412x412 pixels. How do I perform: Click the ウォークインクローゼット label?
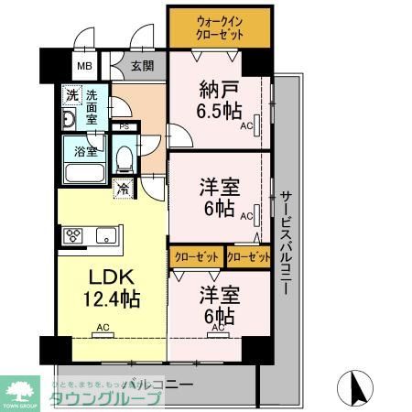[x=219, y=27]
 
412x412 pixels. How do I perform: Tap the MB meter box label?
[x=84, y=66]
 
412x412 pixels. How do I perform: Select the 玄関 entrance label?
[x=142, y=65]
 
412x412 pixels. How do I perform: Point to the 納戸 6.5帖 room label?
[x=221, y=100]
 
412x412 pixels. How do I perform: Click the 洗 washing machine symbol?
[x=70, y=96]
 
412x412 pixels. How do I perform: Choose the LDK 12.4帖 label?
[x=112, y=286]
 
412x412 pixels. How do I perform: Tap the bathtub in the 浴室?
[x=85, y=174]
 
